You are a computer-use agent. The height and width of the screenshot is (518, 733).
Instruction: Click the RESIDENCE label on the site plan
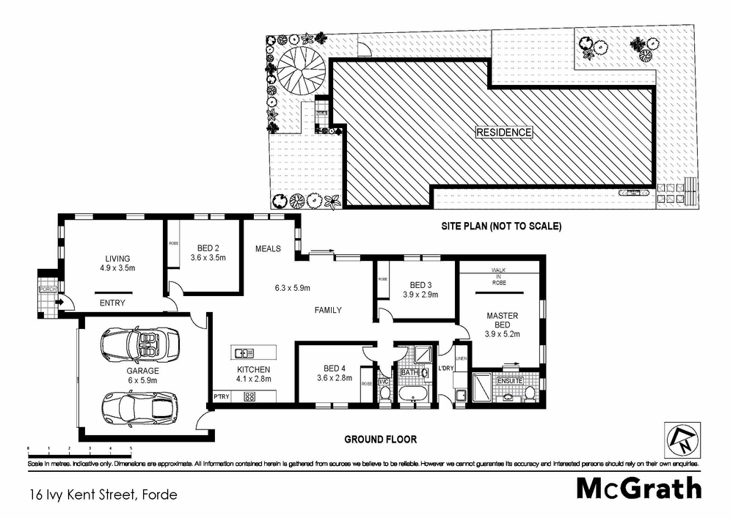[503, 133]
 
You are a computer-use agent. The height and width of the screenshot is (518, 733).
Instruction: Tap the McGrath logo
[638, 488]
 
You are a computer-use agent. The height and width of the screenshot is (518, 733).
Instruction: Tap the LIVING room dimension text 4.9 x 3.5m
[117, 268]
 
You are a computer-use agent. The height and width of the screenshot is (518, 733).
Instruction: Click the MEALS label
[268, 248]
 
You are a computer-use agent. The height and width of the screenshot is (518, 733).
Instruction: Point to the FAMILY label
[328, 310]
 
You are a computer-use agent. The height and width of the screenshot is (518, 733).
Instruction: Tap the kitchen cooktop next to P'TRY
[249, 396]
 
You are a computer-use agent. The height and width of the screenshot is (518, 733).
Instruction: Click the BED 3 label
[420, 285]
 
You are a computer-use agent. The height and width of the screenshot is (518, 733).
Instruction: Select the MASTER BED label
[503, 320]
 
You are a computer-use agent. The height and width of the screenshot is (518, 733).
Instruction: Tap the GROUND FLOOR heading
[381, 440]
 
